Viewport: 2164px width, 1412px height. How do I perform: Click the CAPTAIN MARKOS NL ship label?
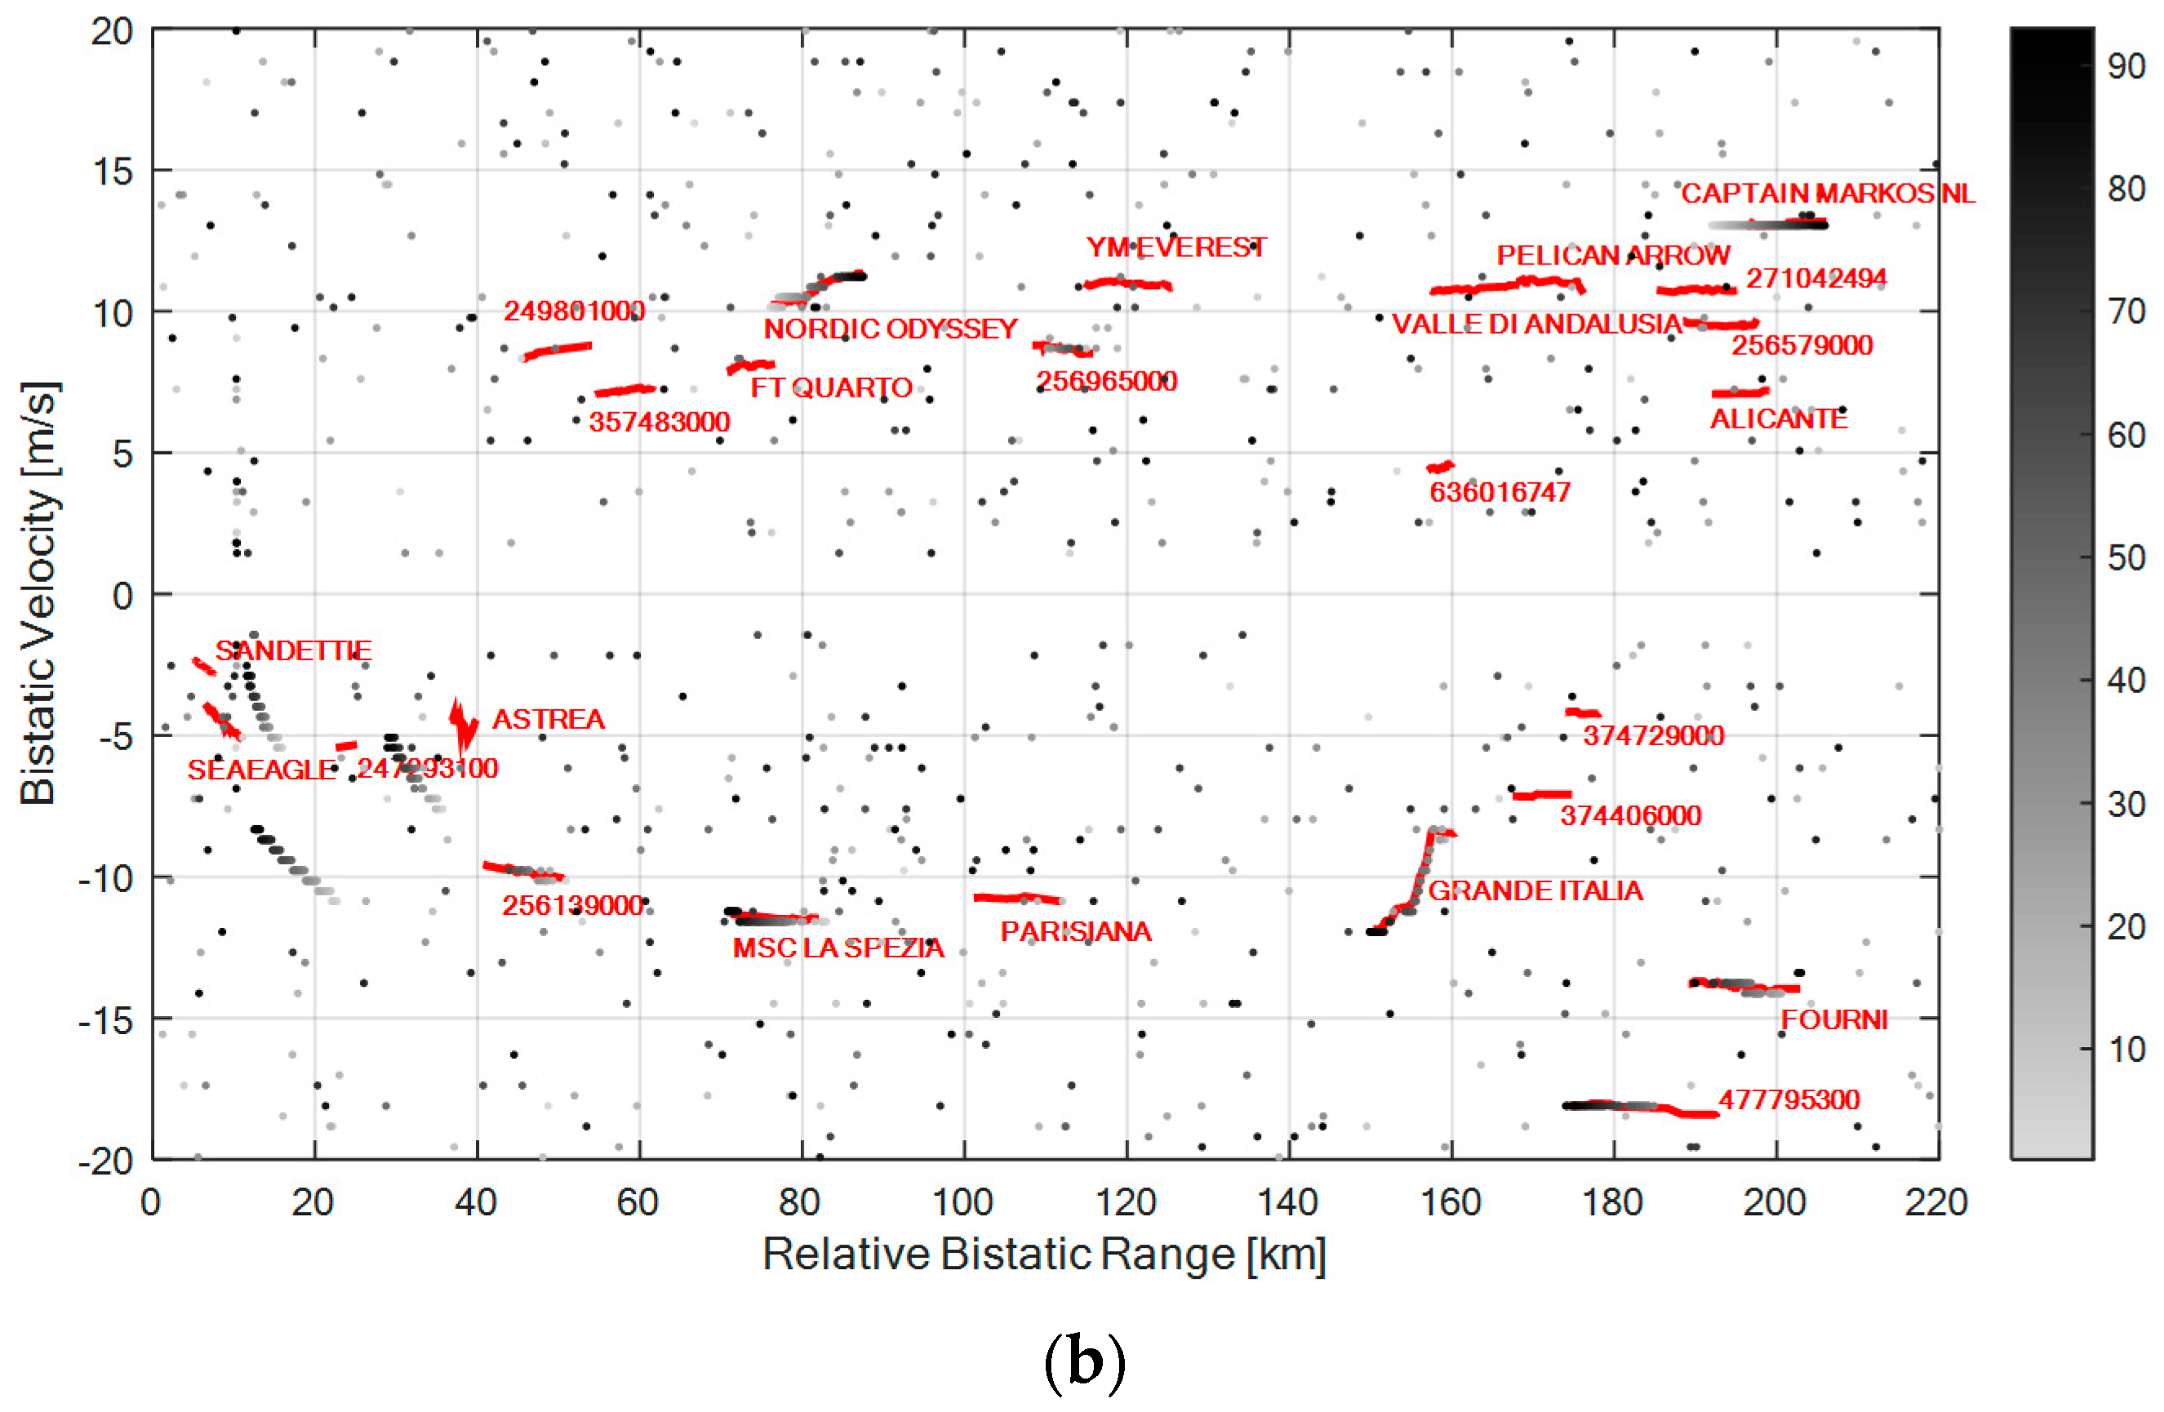tap(1828, 193)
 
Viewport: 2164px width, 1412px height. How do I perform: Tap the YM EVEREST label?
tap(1175, 247)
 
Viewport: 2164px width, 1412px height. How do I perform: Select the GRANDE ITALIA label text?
tap(1535, 890)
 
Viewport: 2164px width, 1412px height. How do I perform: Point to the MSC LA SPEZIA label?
tap(838, 948)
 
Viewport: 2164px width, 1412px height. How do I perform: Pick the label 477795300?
tap(1789, 1099)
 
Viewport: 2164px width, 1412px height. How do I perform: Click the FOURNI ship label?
tap(1833, 1019)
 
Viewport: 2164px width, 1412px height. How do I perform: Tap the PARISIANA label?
tap(1076, 931)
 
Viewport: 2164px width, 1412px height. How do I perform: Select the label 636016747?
tap(1500, 492)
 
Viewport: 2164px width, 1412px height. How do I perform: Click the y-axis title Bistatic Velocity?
tap(38, 593)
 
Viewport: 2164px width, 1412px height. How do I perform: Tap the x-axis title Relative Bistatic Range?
tap(1044, 1254)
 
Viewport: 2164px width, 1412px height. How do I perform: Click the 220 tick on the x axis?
tap(1937, 1203)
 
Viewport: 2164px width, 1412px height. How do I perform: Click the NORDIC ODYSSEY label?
tap(890, 328)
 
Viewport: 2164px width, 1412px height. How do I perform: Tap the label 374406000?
tap(1630, 815)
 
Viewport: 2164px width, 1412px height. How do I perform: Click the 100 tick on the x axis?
tap(962, 1203)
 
